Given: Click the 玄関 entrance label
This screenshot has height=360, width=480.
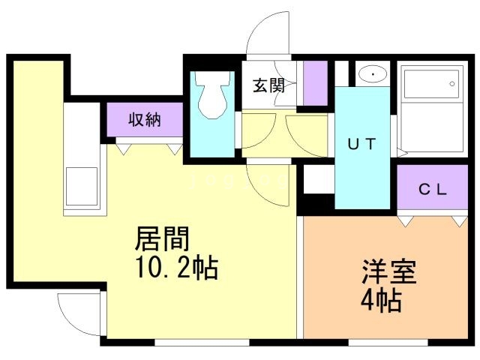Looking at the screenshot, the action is coord(268,85).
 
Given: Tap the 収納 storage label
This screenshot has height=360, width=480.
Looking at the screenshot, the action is coord(145,119).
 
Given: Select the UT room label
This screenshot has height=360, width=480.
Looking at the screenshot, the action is coord(361,144).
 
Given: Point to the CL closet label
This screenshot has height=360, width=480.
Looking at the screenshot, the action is coord(433,190).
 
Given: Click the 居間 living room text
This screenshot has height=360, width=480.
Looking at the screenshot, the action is coord(162,238).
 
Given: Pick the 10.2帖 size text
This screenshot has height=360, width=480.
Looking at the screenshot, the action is coord(177,268).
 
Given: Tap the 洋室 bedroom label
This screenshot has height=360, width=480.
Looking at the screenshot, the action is coord(389,271).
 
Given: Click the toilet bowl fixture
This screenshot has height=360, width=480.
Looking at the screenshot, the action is coord(213,95).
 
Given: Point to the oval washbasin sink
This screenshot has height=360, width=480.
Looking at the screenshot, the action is coord(373,74).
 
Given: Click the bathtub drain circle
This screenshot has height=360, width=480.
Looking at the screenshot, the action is coord(451,83).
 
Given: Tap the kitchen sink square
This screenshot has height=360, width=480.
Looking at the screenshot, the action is coord(82,186).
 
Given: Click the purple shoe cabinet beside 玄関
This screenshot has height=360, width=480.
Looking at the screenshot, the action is coord(315,83).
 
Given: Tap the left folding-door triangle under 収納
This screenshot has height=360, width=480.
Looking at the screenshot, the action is coord(123,149).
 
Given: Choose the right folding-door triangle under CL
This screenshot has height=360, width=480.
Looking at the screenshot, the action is coord(460,221).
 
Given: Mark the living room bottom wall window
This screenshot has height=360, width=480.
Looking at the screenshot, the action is coord(202,342).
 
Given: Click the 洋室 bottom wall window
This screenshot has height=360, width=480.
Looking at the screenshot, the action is coord(388,342).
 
